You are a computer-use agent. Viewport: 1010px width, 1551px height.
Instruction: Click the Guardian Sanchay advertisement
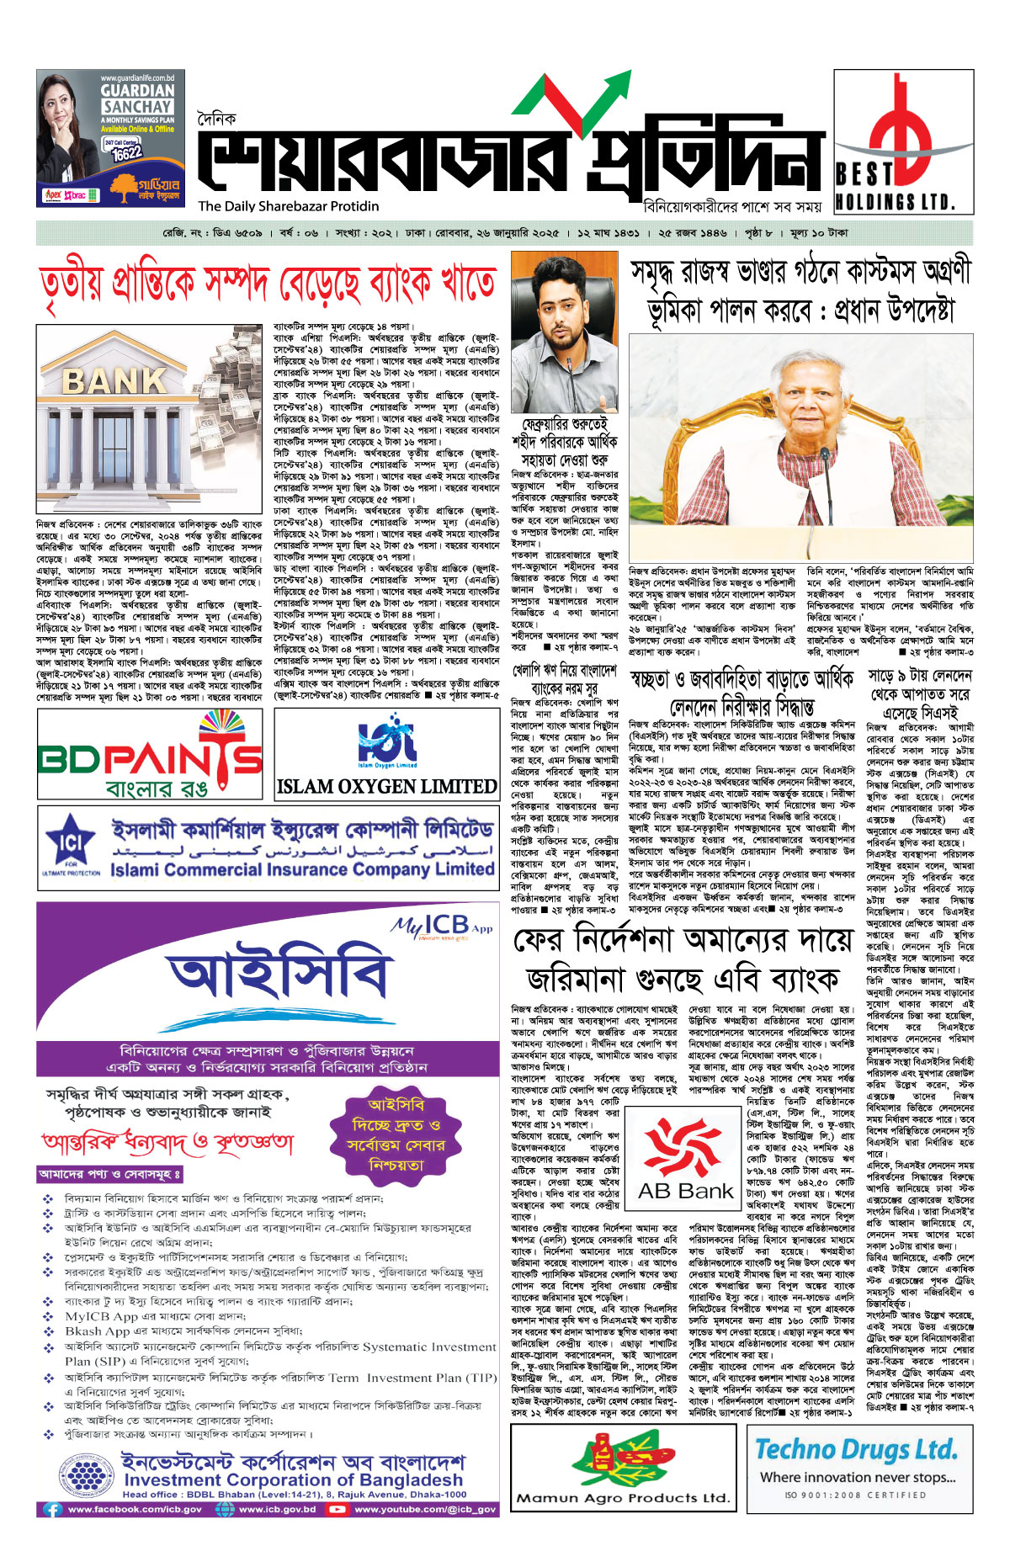pos(111,138)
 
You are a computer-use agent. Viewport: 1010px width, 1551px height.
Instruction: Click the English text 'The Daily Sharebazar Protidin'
pos(289,206)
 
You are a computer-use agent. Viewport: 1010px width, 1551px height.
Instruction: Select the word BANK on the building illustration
pos(114,381)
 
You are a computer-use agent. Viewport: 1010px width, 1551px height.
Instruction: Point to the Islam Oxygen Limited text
pos(387,786)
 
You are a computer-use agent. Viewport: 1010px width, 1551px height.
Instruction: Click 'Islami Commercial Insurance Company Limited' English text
pos(302,869)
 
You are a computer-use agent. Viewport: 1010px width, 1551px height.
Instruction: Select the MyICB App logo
pos(442,927)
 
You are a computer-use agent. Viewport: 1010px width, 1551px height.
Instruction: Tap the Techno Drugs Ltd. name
pos(856,1449)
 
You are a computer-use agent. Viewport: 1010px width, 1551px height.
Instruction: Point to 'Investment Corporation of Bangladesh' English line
pos(294,1479)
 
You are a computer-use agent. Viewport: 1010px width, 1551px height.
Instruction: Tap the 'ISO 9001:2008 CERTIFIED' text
pos(855,1495)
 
